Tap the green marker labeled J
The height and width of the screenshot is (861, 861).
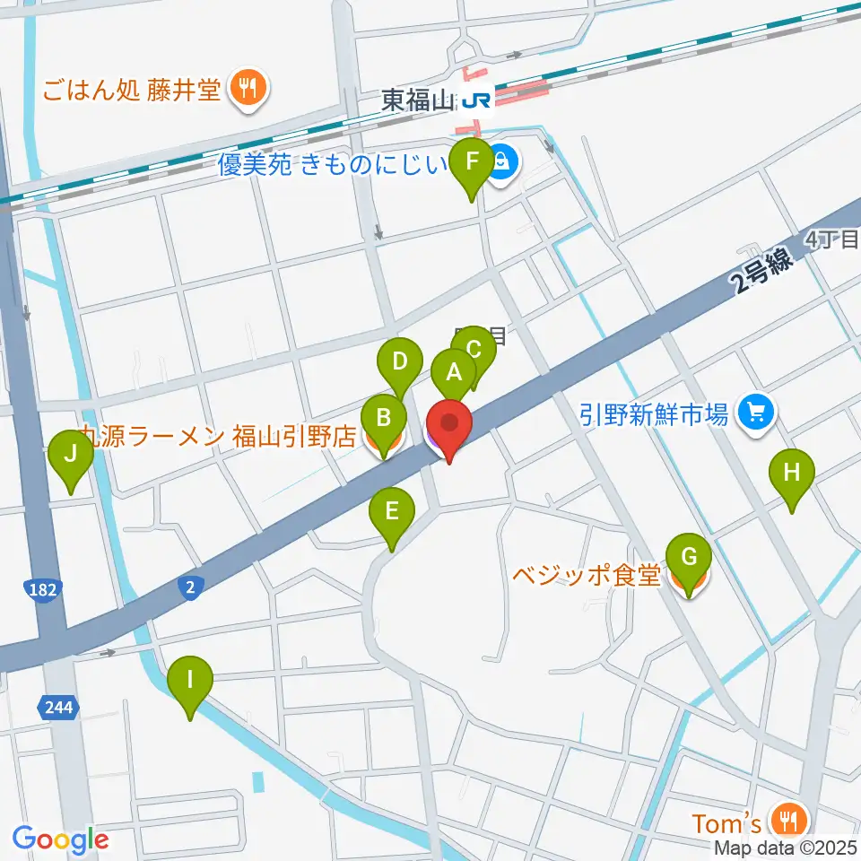click(71, 459)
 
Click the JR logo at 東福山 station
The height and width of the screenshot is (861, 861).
click(476, 101)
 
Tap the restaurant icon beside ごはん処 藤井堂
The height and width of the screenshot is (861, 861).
click(244, 88)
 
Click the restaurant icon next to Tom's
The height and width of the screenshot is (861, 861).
click(789, 821)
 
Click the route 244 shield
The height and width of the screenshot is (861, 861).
click(57, 708)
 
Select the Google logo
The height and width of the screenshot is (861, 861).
click(60, 839)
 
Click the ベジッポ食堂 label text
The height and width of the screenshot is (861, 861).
click(587, 575)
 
